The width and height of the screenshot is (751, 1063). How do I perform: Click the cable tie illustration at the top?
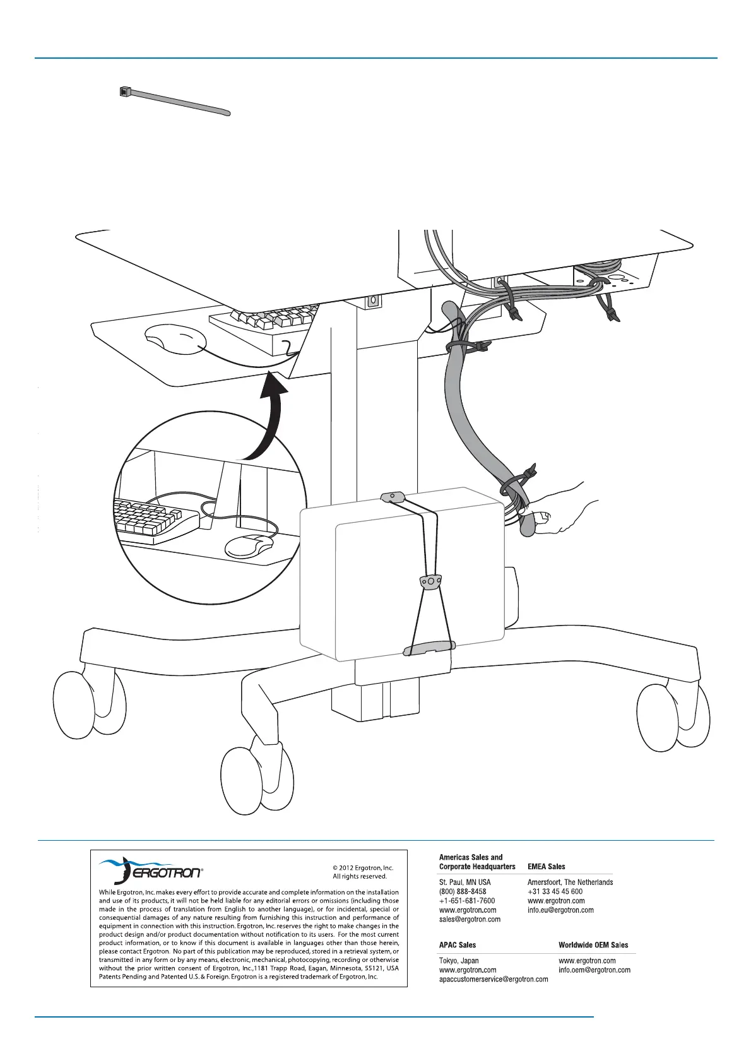point(175,102)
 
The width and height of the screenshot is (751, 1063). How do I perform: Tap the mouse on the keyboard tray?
point(174,340)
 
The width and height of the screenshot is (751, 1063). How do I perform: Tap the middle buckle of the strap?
point(430,581)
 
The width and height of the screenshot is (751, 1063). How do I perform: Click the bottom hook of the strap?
point(429,648)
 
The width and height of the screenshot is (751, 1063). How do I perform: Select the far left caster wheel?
point(88,704)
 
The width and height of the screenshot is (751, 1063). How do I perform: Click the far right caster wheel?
point(673,718)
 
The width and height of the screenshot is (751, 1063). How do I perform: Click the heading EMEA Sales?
point(546,867)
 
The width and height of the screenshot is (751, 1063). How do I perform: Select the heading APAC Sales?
point(458,945)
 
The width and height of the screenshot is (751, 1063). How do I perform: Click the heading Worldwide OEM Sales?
point(593,945)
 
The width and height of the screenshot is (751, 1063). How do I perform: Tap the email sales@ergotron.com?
point(470,919)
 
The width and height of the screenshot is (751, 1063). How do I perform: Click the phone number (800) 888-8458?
point(463,891)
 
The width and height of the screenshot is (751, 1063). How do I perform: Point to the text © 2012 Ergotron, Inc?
point(363,867)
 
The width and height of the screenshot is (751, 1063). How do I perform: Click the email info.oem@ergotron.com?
point(594,970)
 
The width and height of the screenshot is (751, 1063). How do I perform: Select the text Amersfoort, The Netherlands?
point(570,882)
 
